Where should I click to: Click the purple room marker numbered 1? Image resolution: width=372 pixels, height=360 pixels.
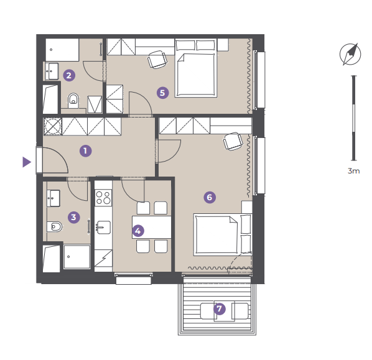(x=85, y=151)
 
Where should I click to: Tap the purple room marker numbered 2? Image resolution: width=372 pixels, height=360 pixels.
(x=69, y=75)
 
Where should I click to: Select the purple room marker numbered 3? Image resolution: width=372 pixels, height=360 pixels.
(x=74, y=217)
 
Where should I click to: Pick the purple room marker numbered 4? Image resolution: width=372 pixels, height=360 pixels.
(x=138, y=231)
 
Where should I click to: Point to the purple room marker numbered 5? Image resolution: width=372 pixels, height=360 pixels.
(x=163, y=93)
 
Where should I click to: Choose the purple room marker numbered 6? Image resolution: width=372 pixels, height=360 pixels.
(x=210, y=197)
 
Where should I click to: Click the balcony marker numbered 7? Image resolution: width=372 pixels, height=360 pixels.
(x=220, y=309)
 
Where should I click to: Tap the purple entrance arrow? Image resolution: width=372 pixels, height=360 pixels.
(x=27, y=162)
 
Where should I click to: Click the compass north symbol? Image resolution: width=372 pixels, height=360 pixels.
(x=350, y=54)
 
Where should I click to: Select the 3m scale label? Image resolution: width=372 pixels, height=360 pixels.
(x=354, y=171)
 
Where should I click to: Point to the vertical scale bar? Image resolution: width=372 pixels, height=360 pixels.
(x=354, y=118)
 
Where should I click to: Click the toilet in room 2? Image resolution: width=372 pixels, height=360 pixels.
(x=73, y=101)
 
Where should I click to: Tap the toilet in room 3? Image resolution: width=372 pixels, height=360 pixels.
(x=55, y=227)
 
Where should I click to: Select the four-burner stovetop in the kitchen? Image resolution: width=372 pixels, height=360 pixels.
(x=103, y=198)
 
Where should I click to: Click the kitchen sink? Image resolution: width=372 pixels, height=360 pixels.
(x=103, y=228)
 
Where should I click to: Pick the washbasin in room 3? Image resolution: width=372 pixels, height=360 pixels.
(x=53, y=198)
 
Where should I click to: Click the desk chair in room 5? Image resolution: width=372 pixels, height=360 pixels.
(x=157, y=60)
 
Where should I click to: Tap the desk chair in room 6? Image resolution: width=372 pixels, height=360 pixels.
(x=233, y=141)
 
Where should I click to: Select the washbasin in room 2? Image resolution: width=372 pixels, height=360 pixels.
(x=52, y=71)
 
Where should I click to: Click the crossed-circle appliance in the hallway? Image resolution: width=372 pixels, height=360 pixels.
(x=53, y=127)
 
